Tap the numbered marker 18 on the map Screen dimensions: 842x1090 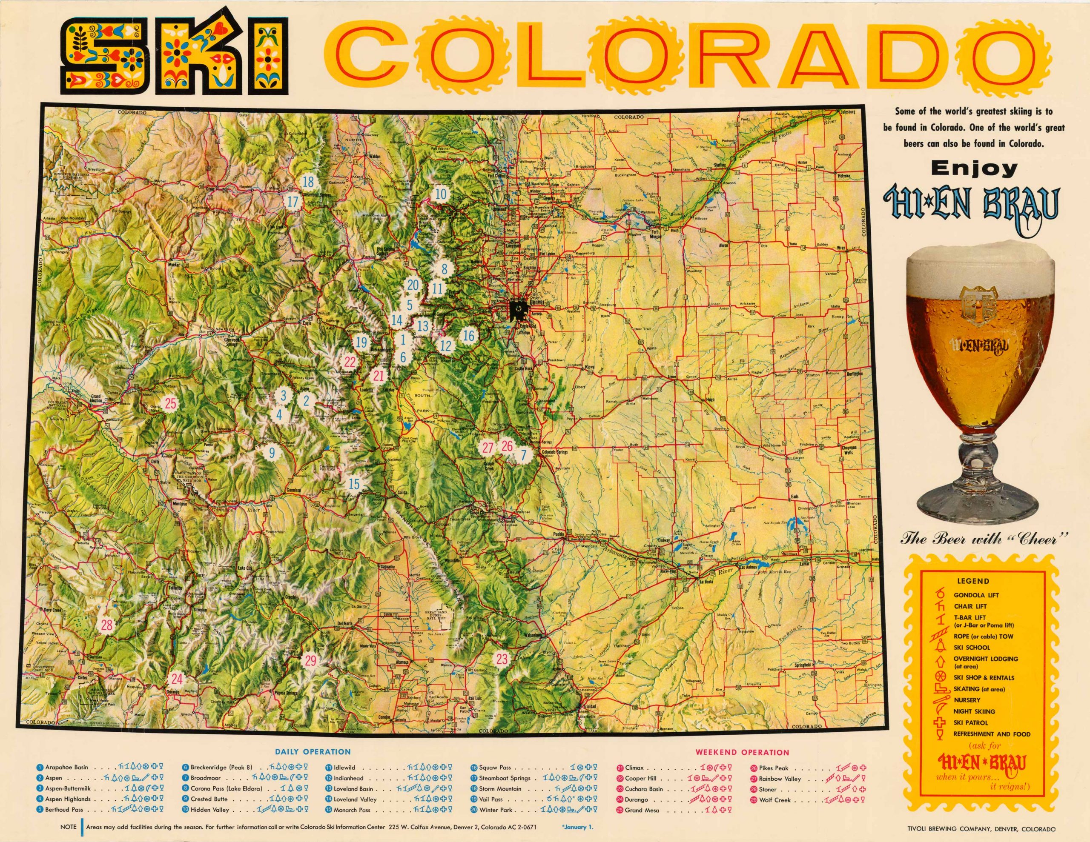[308, 182]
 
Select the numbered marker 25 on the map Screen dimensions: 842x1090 [171, 403]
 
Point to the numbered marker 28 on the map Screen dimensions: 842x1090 [107, 625]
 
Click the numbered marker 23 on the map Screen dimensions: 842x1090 [502, 659]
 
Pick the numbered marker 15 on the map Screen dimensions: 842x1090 [354, 483]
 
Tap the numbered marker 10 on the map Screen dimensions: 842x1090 [441, 194]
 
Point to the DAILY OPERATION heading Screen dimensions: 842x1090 [313, 751]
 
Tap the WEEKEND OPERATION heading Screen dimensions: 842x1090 [742, 752]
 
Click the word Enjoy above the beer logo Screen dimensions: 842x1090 [974, 168]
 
